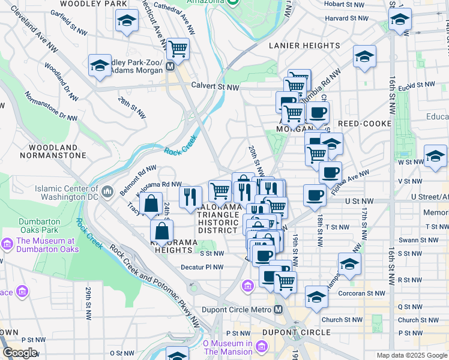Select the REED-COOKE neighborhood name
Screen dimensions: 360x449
(364, 124)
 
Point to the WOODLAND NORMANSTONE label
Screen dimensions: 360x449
(52, 151)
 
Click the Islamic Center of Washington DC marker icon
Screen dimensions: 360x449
(107, 191)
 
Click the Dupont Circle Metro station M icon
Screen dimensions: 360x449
(278, 310)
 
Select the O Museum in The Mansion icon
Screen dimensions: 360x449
(261, 347)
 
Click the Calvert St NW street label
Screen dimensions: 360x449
(215, 87)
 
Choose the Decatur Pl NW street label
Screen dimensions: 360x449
(202, 268)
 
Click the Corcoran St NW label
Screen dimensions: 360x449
(363, 294)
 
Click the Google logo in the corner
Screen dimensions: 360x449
(20, 353)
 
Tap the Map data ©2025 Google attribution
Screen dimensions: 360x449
(412, 355)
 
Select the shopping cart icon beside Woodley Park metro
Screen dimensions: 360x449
(178, 48)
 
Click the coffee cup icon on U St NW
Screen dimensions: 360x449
(315, 195)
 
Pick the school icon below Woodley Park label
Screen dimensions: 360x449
(126, 22)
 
